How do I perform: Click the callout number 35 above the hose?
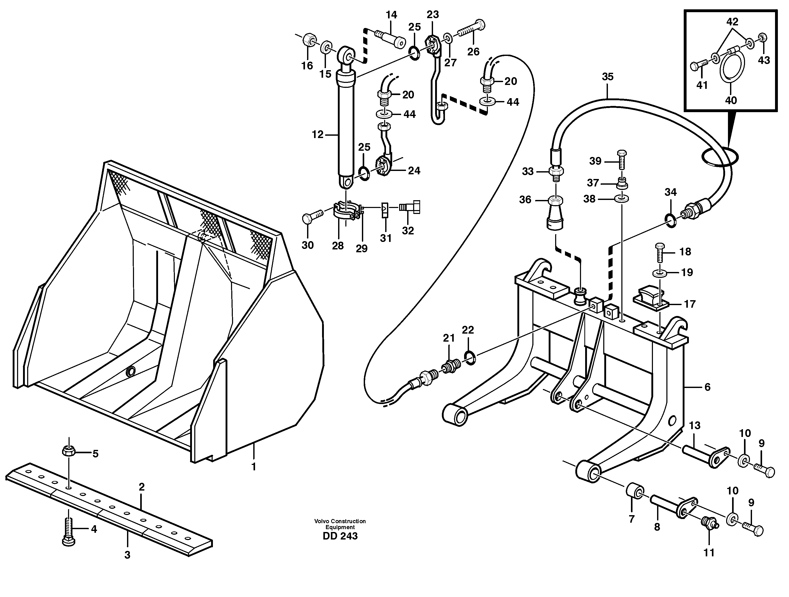pos(607,77)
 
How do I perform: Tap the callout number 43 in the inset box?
pos(764,60)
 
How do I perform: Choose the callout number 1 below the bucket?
pos(254,467)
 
